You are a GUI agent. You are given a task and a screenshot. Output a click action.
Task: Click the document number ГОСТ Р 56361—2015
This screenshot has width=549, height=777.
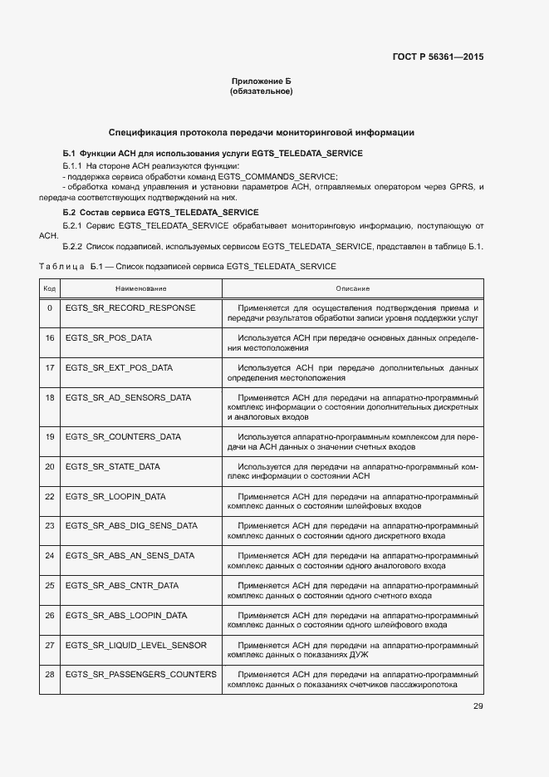click(438, 57)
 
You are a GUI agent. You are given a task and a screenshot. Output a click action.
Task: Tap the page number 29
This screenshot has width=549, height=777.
click(478, 706)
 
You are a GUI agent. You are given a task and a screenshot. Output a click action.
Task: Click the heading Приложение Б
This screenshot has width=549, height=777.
click(262, 81)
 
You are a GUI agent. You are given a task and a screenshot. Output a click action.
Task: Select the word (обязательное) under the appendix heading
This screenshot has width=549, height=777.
click(262, 91)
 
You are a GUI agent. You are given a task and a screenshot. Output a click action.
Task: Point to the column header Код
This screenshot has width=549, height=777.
click(49, 288)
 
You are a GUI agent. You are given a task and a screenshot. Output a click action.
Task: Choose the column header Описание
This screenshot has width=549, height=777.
click(352, 288)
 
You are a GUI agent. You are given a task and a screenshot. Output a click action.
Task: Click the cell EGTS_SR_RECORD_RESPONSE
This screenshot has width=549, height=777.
click(130, 307)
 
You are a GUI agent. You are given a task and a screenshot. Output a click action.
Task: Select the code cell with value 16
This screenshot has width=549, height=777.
click(49, 338)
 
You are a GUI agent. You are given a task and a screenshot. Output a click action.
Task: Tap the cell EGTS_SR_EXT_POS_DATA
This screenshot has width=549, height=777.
click(119, 367)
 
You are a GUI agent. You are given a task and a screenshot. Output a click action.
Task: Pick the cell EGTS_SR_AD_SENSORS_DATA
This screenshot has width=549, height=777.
click(128, 397)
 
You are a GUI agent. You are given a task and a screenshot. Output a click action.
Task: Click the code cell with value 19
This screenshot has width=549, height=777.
click(49, 436)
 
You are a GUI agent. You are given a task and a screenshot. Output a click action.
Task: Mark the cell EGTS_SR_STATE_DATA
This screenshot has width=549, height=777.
click(112, 466)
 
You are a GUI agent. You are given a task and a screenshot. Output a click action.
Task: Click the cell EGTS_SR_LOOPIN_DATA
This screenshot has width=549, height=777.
click(115, 496)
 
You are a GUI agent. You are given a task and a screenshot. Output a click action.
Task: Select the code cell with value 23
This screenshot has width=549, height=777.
click(49, 525)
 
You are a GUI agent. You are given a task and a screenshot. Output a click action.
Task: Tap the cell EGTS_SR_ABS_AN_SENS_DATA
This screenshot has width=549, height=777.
click(130, 555)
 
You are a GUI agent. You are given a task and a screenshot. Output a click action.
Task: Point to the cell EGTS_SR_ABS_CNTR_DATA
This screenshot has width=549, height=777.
click(122, 585)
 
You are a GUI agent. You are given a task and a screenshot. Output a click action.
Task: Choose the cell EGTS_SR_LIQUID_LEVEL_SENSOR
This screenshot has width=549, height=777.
click(136, 645)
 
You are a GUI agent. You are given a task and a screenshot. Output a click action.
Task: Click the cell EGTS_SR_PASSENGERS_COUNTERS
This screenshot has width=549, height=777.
click(140, 674)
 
